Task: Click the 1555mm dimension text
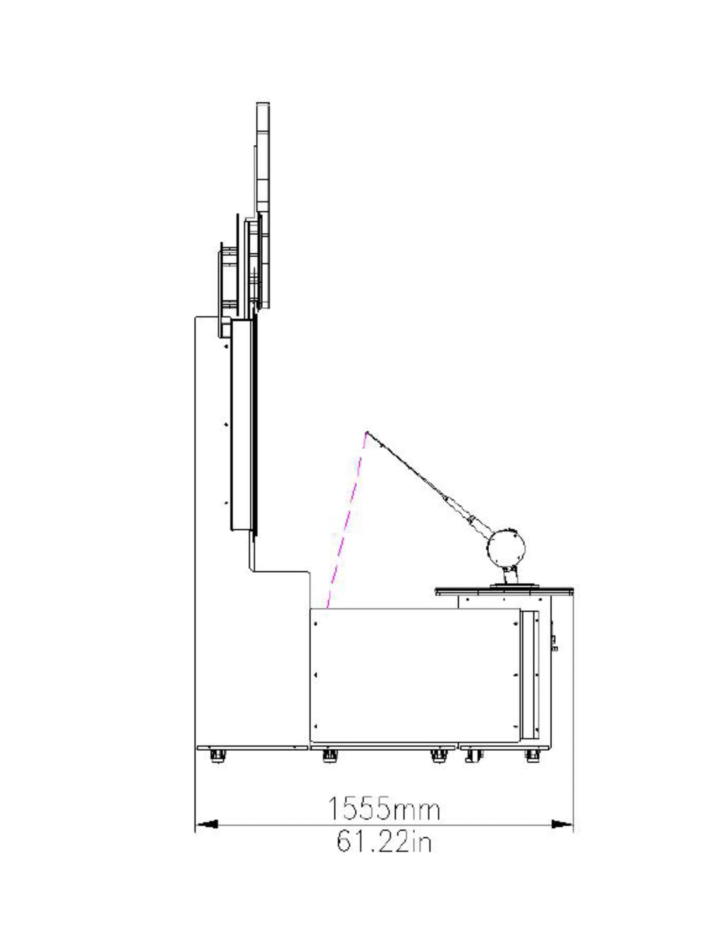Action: click(384, 809)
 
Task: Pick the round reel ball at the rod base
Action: click(506, 548)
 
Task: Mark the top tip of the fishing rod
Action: click(367, 432)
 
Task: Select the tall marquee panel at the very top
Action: click(263, 205)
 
